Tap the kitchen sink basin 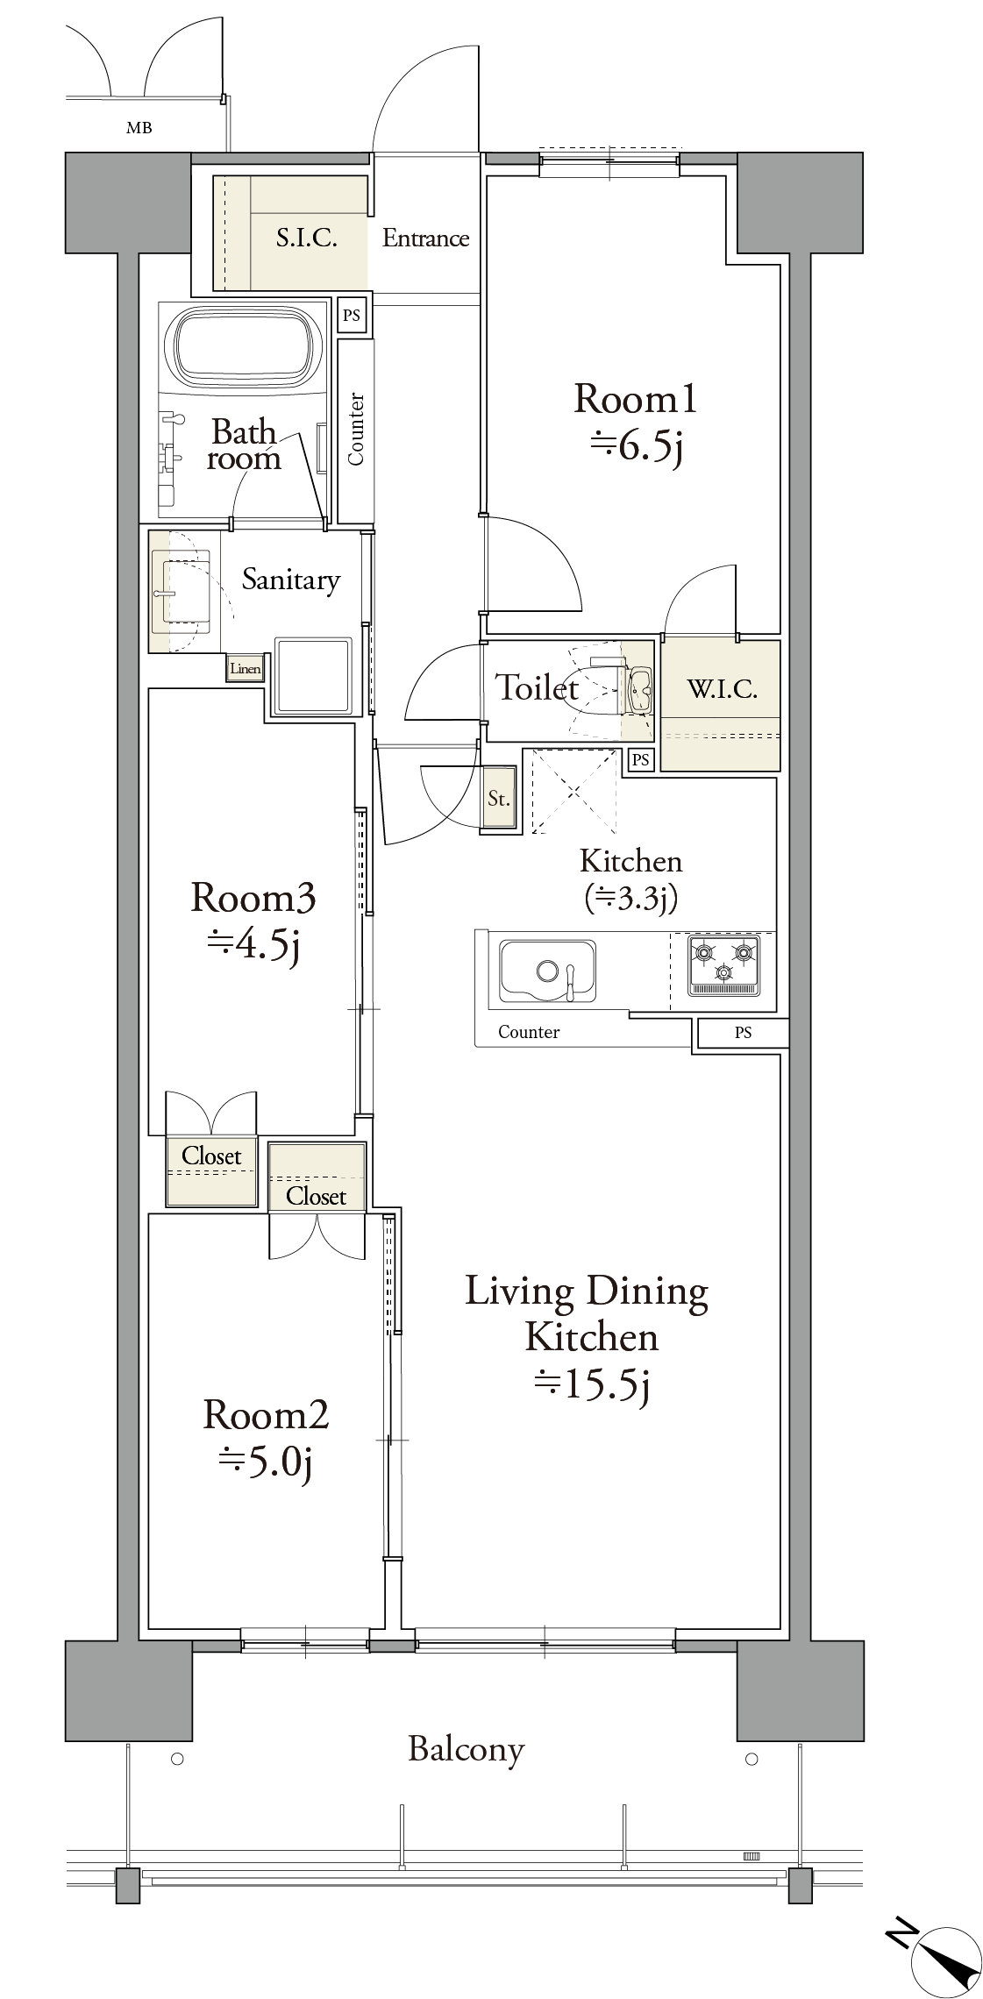(x=548, y=971)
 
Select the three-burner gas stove (x=723, y=964)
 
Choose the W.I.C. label (x=722, y=689)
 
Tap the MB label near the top (x=139, y=128)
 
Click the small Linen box (x=245, y=669)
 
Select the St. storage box (x=499, y=798)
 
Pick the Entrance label (x=425, y=238)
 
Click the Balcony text (x=467, y=1750)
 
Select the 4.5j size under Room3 (x=254, y=945)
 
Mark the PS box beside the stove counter (x=744, y=1033)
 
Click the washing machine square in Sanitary (x=313, y=674)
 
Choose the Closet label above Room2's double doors (x=316, y=1197)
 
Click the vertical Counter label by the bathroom (x=356, y=429)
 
